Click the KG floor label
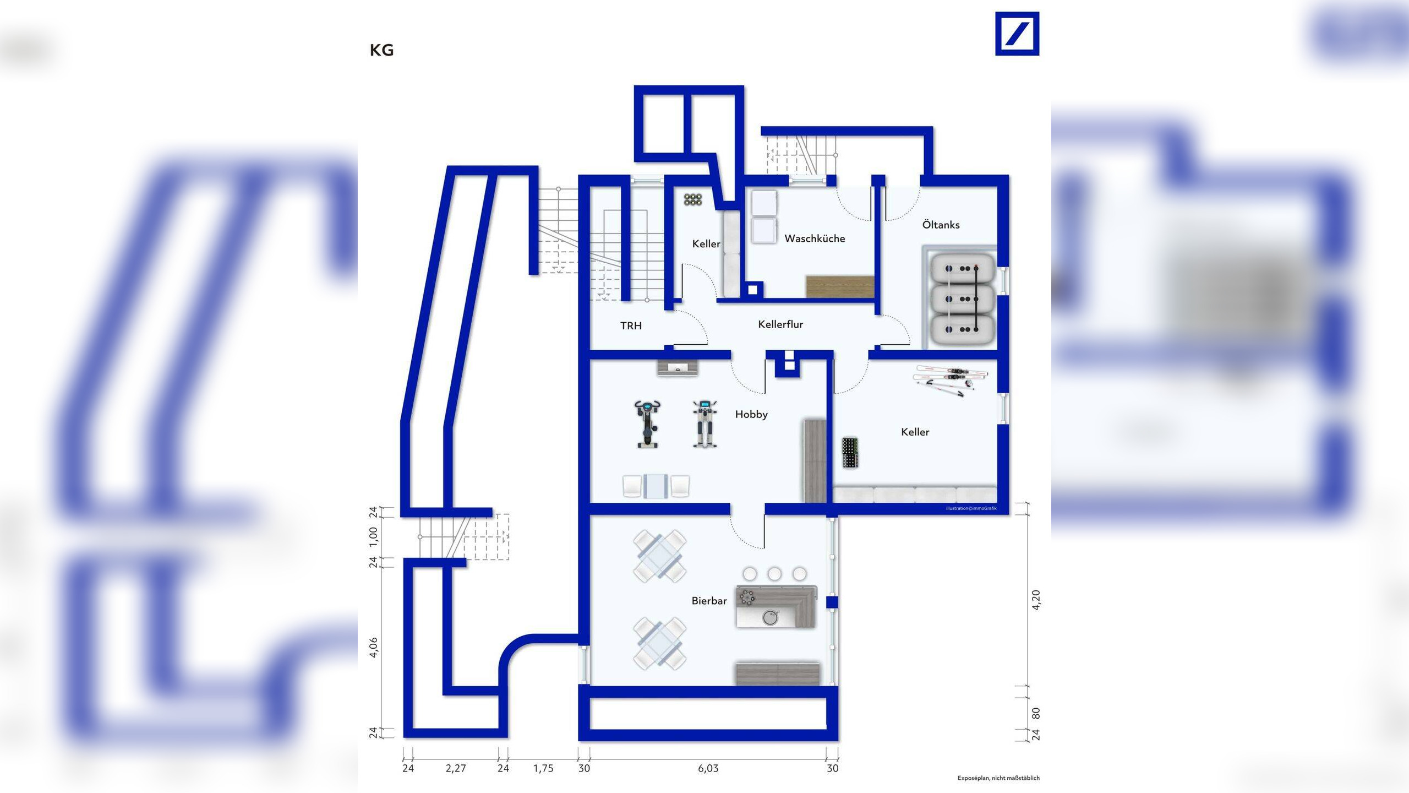click(x=381, y=50)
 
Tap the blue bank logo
click(x=1017, y=34)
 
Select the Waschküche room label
click(x=815, y=238)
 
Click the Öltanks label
click(x=941, y=225)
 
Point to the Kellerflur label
click(x=780, y=324)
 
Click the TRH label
click(x=631, y=325)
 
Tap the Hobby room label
click(x=751, y=414)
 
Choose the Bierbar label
click(x=709, y=601)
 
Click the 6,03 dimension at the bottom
click(x=708, y=768)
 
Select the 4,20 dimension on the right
click(x=1036, y=600)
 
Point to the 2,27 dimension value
click(x=456, y=768)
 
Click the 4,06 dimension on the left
click(x=374, y=648)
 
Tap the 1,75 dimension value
click(x=543, y=768)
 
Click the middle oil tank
click(x=962, y=299)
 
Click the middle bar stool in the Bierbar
click(x=774, y=574)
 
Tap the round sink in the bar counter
click(x=771, y=617)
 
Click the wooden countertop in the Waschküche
click(x=840, y=286)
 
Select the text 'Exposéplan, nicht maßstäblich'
click(x=998, y=778)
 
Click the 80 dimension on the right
click(x=1036, y=713)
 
